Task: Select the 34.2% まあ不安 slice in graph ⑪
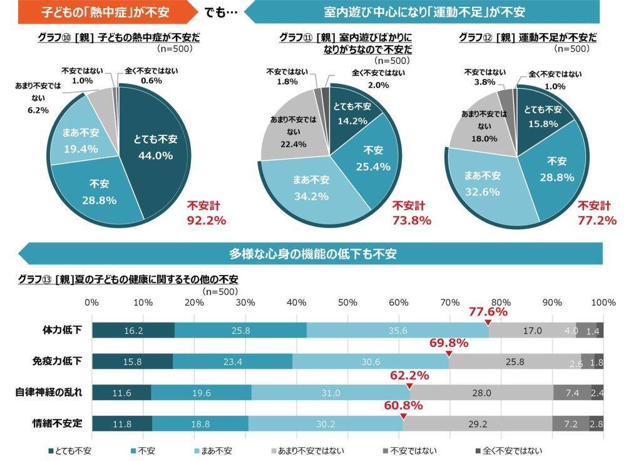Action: (311, 188)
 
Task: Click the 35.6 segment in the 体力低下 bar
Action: (397, 330)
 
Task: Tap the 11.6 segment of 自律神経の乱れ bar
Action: (121, 393)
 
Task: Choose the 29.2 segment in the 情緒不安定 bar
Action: (477, 423)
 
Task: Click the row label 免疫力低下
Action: (57, 361)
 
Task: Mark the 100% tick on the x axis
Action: (603, 303)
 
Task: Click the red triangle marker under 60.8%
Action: (403, 416)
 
